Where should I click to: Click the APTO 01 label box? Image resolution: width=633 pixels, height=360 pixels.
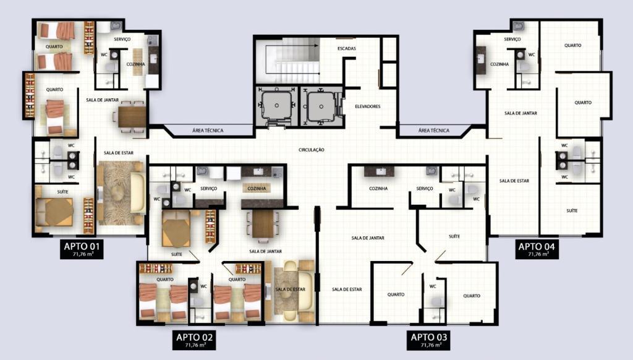point(82,249)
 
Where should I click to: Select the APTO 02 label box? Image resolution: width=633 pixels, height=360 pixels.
point(194,340)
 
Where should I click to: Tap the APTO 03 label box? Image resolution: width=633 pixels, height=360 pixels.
point(428,340)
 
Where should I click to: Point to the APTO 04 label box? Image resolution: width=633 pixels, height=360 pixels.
point(537,249)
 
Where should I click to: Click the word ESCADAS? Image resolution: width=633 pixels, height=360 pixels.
point(347,48)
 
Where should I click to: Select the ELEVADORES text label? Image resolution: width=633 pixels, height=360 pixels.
point(368,106)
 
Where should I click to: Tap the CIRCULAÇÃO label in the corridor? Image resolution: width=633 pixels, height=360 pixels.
point(312,150)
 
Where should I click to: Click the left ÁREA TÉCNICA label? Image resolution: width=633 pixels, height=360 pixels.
point(208,131)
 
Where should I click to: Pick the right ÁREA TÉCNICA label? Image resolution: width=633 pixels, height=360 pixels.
point(433,131)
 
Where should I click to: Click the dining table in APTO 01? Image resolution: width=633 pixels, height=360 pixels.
point(132,117)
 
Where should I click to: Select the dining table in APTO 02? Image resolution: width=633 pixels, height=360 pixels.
point(263,224)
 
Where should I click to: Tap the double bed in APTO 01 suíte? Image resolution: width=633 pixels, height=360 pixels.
point(54,212)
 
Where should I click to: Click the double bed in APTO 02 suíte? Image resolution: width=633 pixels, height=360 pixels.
point(176,228)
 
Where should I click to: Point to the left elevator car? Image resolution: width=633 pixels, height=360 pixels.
point(276,106)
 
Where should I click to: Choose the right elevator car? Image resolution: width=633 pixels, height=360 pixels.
point(321,106)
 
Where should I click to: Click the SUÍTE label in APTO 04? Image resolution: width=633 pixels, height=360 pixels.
point(572,211)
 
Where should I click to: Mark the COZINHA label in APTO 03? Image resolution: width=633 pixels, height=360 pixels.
point(378,189)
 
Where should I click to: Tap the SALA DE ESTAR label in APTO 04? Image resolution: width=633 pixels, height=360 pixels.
point(514,181)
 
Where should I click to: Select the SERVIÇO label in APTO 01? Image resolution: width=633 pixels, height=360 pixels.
point(122,39)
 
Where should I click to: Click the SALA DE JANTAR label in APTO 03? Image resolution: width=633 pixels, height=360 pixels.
point(368,238)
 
